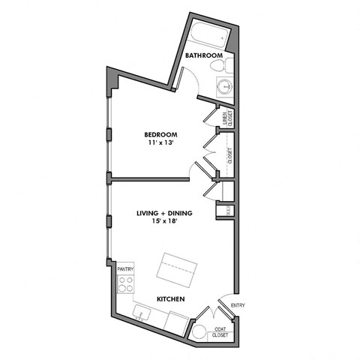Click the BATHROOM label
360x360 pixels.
(x=205, y=55)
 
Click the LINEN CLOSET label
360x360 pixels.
(x=227, y=118)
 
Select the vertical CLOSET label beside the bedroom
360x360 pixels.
(x=229, y=156)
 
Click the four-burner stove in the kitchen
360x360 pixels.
(x=126, y=285)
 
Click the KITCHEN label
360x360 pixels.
(x=170, y=299)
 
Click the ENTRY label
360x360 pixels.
(x=238, y=305)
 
